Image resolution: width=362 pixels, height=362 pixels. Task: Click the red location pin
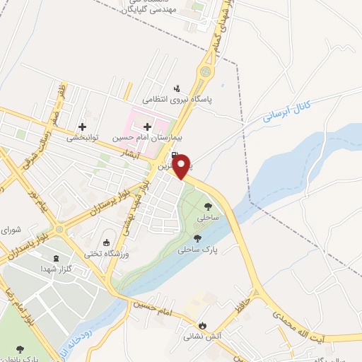[x=182, y=165]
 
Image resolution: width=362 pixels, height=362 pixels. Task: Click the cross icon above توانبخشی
[x=83, y=127]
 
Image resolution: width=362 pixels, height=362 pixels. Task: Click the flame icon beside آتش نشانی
[x=204, y=325]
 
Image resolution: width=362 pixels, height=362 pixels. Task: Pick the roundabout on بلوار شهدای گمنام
[x=206, y=71]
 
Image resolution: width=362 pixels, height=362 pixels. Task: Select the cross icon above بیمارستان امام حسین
[x=147, y=127]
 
